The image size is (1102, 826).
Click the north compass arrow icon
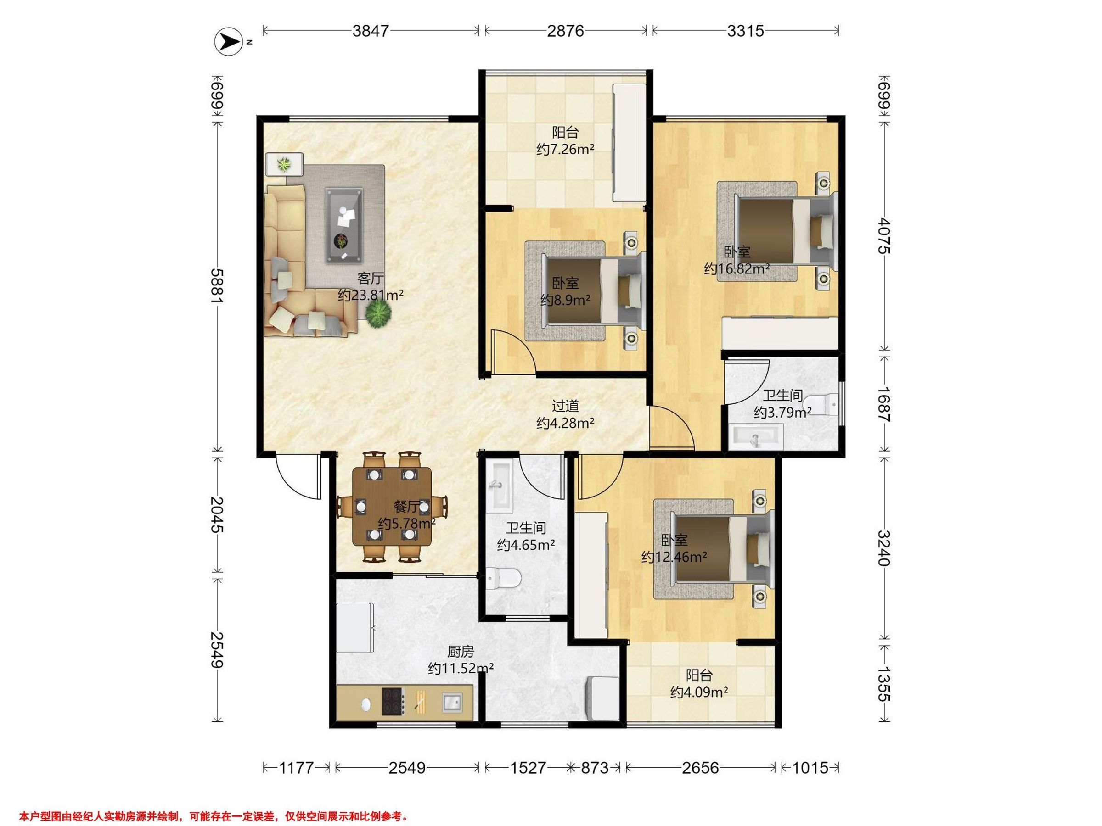[x=228, y=42]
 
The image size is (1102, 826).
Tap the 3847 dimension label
[x=370, y=31]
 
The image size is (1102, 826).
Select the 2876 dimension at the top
[x=565, y=31]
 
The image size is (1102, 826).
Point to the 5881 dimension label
[x=217, y=285]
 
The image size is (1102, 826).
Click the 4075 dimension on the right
[x=884, y=235]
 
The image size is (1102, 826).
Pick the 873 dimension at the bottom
[x=595, y=768]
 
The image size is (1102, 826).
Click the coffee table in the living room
[x=344, y=225]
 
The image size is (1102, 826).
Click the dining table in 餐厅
[x=392, y=506]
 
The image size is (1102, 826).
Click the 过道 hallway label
[x=565, y=406]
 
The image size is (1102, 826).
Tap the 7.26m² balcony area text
[x=565, y=149]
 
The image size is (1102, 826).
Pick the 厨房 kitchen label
[x=461, y=651]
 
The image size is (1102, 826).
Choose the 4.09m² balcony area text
[x=699, y=692]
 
